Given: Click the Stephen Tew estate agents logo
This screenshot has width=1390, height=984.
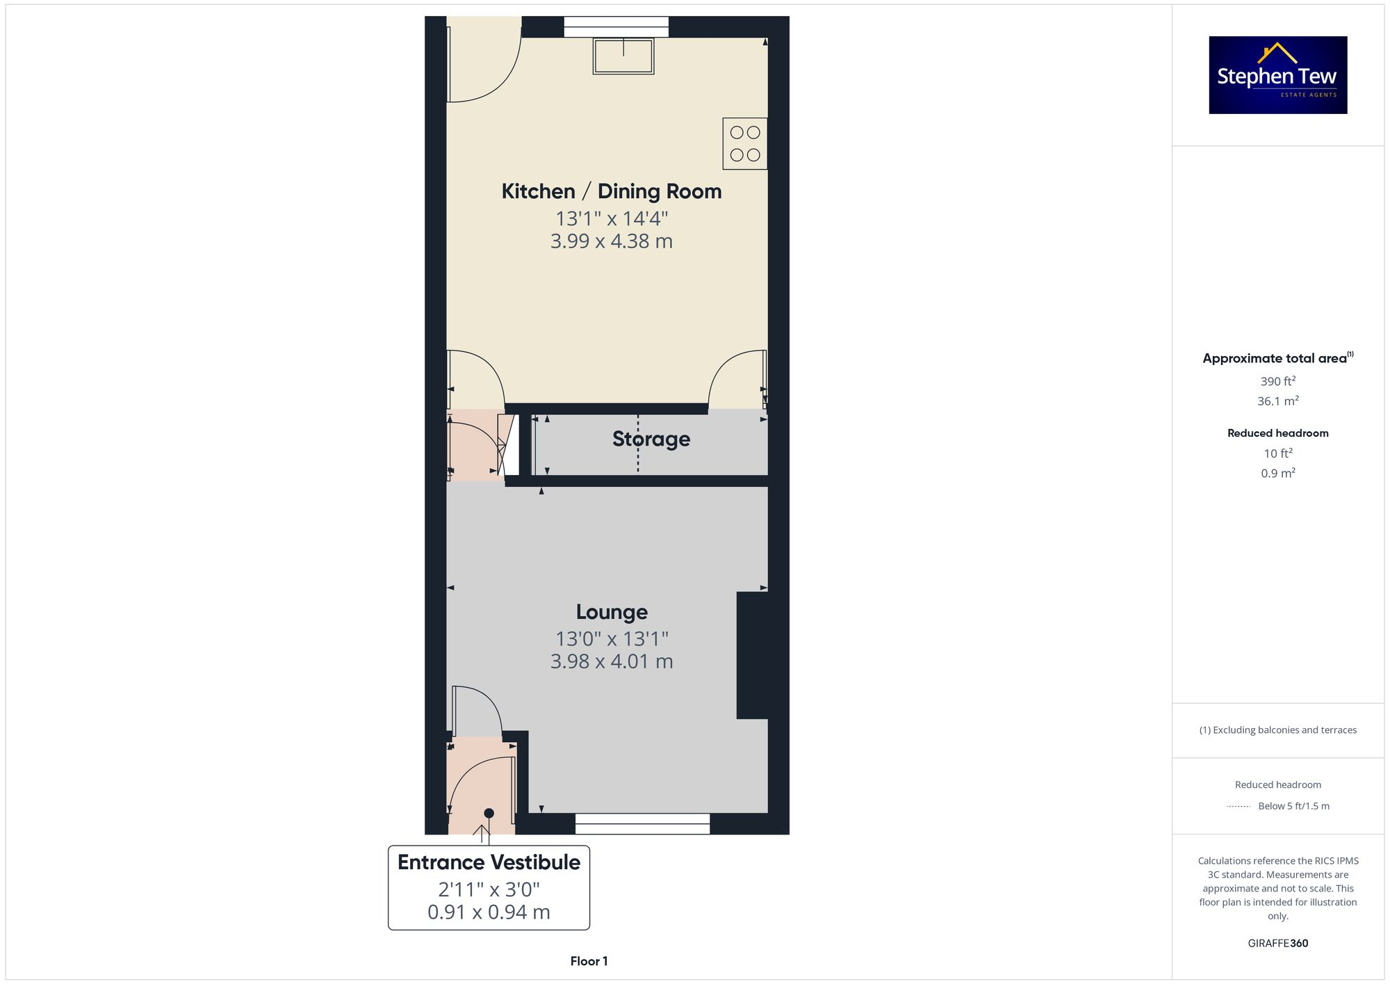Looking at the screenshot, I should [1277, 75].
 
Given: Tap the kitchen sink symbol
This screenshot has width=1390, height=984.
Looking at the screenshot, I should [623, 56].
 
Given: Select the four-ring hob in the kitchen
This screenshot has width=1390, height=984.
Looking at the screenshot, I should [744, 144].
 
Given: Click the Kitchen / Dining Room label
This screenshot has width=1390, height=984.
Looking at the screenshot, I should [612, 191].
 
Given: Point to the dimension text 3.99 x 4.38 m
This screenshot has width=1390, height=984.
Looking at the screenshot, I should [612, 241].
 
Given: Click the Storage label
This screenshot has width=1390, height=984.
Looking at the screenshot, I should [651, 439].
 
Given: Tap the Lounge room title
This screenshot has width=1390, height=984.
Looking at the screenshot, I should [612, 612].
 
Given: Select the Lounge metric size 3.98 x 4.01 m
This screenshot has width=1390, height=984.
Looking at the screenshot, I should [612, 661].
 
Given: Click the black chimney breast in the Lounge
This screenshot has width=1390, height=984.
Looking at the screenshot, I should [752, 654].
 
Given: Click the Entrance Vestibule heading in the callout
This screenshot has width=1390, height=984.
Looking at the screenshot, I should [489, 862].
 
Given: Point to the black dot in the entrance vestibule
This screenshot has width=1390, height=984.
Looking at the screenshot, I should [489, 813].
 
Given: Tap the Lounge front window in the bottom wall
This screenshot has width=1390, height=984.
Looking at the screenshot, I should [642, 823].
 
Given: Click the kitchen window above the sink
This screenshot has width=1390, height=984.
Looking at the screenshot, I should [616, 27].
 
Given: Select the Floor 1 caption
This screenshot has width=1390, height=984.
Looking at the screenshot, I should [589, 961].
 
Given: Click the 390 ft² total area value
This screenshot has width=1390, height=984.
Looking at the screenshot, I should [1277, 381].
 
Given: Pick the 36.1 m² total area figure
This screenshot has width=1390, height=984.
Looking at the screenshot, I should [1277, 401].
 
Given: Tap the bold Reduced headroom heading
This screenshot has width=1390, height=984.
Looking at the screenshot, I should [1277, 433].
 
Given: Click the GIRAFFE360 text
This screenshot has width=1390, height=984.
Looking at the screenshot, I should [1277, 944].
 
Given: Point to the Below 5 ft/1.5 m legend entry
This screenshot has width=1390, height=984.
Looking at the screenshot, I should [1293, 807].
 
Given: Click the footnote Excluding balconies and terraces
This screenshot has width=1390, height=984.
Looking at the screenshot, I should [1277, 730].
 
